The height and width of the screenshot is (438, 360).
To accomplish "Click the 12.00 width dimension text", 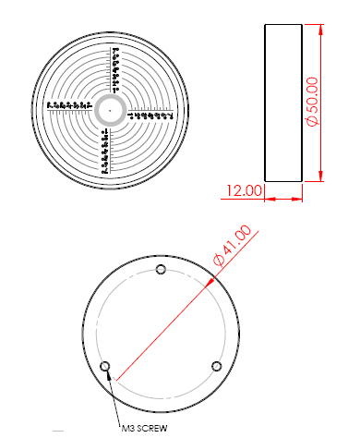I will (245, 190).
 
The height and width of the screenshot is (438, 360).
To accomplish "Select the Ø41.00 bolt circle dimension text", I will (232, 245).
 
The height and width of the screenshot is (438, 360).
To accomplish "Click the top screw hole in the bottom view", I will (162, 270).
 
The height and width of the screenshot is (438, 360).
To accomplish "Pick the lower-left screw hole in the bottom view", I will (105, 366).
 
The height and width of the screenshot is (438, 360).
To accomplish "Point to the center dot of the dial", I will (109, 109).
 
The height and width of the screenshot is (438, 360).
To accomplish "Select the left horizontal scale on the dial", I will (68, 103).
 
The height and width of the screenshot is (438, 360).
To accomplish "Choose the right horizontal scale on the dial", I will (150, 116).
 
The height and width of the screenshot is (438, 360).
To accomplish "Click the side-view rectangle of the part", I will (283, 103).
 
